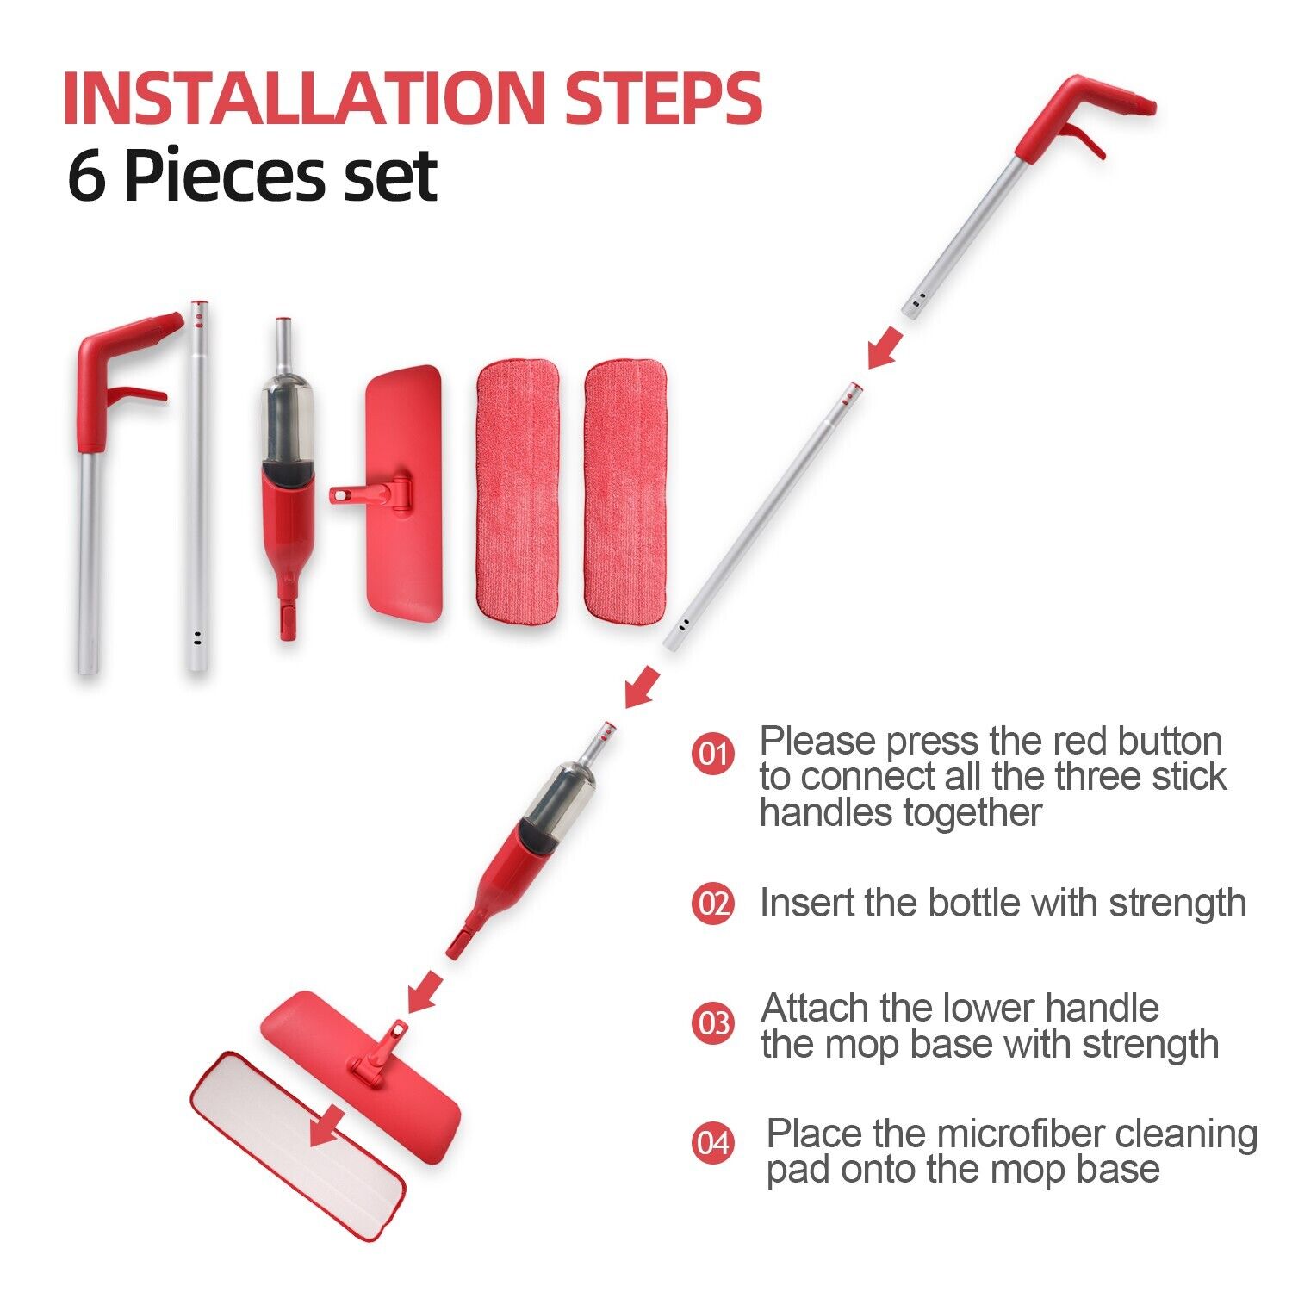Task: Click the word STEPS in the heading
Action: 663,99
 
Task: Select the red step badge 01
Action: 712,754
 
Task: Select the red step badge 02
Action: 712,904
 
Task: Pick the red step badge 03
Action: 712,1024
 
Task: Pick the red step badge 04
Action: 712,1144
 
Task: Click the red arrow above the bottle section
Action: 642,688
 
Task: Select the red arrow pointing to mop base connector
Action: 424,993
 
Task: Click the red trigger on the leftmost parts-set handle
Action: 136,394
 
